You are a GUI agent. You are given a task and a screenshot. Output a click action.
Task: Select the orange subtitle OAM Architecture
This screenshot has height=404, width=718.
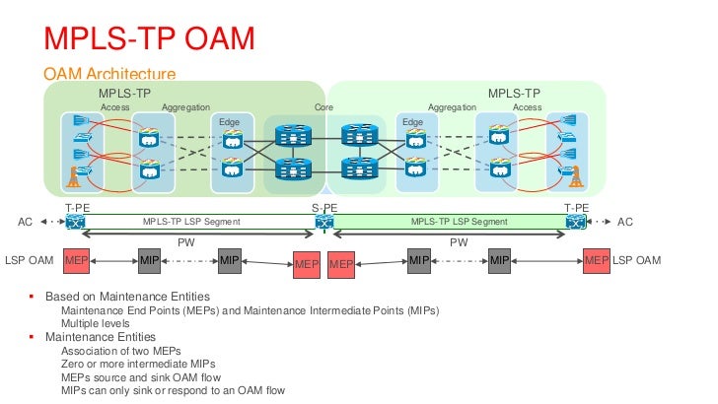109,75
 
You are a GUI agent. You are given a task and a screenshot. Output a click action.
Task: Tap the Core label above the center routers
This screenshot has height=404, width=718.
323,106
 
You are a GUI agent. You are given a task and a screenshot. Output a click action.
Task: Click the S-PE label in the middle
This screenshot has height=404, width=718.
323,208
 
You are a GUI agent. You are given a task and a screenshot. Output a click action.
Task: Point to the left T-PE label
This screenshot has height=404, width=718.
78,208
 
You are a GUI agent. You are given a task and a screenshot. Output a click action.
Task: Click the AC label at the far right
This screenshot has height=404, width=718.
624,223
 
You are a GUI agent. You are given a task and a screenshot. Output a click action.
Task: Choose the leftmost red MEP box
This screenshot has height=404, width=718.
77,261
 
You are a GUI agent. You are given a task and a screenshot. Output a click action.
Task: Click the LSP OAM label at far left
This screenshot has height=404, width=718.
29,261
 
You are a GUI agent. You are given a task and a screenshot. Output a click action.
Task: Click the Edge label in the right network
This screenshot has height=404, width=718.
412,121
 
